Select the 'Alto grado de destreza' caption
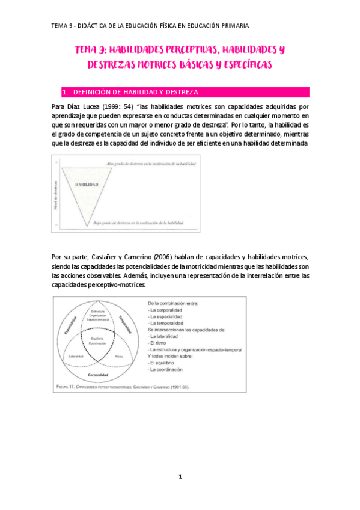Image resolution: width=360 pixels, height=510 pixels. pyautogui.click(x=150, y=164)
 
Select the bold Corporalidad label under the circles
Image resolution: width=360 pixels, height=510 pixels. pyautogui.click(x=97, y=375)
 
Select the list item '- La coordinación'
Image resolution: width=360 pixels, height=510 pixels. pyautogui.click(x=171, y=370)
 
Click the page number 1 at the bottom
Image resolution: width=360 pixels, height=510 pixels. pyautogui.click(x=180, y=476)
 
